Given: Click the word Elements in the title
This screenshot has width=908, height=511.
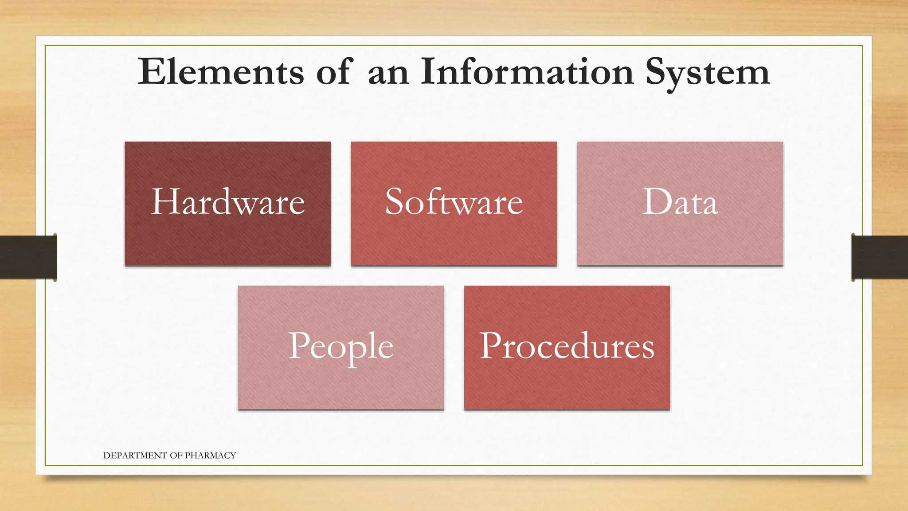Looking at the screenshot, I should click(220, 72).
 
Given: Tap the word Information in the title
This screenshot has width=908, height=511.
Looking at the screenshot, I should click(527, 72).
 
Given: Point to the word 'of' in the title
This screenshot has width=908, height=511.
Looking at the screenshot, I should click(335, 72).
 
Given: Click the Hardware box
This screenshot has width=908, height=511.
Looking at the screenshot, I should click(227, 204).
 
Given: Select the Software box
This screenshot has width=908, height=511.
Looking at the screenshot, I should click(454, 204).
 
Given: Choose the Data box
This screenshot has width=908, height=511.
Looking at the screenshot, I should click(680, 204).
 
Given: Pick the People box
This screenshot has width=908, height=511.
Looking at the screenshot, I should click(340, 347).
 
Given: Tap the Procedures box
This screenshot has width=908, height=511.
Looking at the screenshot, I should click(567, 347).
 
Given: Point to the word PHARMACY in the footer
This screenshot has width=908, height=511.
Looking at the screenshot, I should click(210, 456).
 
